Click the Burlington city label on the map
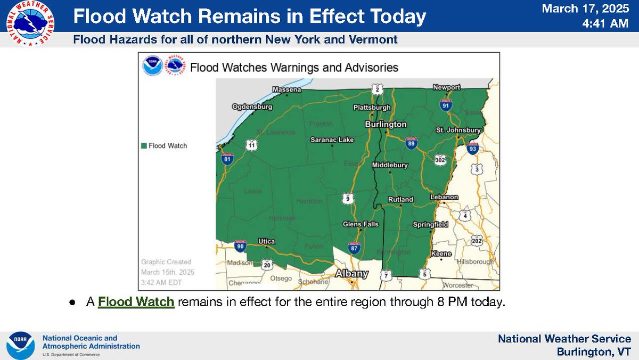386,124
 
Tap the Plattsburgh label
372,107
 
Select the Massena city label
286,89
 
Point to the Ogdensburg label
252,107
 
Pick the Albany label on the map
351,274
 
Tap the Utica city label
266,241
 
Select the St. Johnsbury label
458,129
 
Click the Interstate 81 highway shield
228,158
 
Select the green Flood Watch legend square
144,146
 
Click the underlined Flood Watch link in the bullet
136,302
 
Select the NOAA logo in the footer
20,346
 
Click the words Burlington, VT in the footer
594,352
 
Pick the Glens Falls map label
361,224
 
